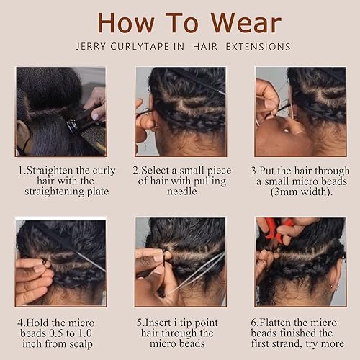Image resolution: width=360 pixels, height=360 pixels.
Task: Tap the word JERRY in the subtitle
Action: coord(90,47)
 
